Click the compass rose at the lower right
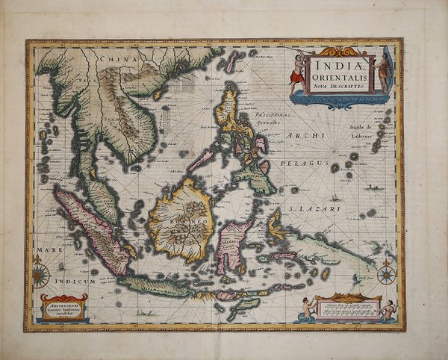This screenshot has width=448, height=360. coord(386,274)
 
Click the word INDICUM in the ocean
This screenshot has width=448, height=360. coord(80,282)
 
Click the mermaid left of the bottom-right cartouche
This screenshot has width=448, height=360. coord(306,308)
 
